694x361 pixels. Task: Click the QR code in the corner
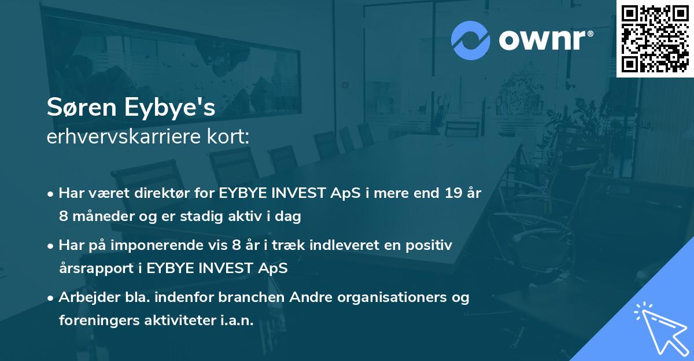pyautogui.click(x=655, y=38)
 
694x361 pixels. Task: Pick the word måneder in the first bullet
pyautogui.click(x=102, y=217)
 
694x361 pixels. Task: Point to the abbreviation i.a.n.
pyautogui.click(x=238, y=321)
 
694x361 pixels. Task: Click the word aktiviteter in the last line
pyautogui.click(x=180, y=321)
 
